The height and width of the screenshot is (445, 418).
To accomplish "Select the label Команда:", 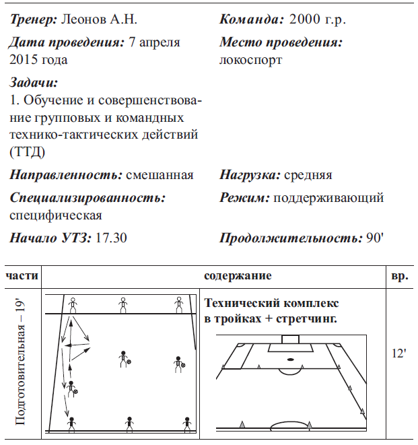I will tap(252, 19).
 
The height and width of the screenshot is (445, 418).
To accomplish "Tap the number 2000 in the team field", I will tap(304, 19).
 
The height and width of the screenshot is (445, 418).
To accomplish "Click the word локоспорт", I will tap(250, 59).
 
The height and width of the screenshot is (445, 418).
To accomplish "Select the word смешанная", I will tap(160, 175).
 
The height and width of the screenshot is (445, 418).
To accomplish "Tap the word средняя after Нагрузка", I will tap(308, 175).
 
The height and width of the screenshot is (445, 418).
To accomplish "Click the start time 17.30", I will tap(112, 238).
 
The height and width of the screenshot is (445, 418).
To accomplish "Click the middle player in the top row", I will tap(123, 305).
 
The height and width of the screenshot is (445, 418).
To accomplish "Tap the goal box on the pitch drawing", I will tap(291, 339).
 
